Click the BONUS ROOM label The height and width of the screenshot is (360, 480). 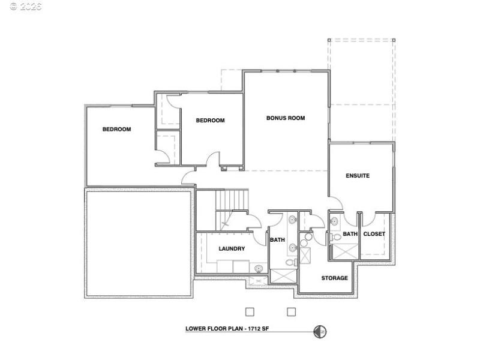(x=286, y=118)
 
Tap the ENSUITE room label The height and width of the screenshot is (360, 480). (x=358, y=176)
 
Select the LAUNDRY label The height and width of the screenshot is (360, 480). (x=231, y=248)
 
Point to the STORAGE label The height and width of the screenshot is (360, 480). (x=334, y=278)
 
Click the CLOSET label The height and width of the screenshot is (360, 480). (x=374, y=234)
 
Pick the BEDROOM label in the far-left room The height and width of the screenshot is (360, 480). (x=116, y=129)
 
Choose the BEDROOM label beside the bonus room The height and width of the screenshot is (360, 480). (x=210, y=121)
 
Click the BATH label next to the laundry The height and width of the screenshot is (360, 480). (x=277, y=240)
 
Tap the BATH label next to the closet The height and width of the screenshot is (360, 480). (x=350, y=234)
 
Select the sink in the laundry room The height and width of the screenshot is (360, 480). (x=258, y=268)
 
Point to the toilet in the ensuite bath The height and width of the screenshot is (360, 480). (x=336, y=238)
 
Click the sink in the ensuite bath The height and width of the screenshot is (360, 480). (x=334, y=221)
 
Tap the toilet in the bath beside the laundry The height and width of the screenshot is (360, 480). (x=290, y=263)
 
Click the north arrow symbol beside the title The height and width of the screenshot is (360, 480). (x=320, y=331)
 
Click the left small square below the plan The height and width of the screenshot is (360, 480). (x=250, y=311)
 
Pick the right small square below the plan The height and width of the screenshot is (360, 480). (x=292, y=311)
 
